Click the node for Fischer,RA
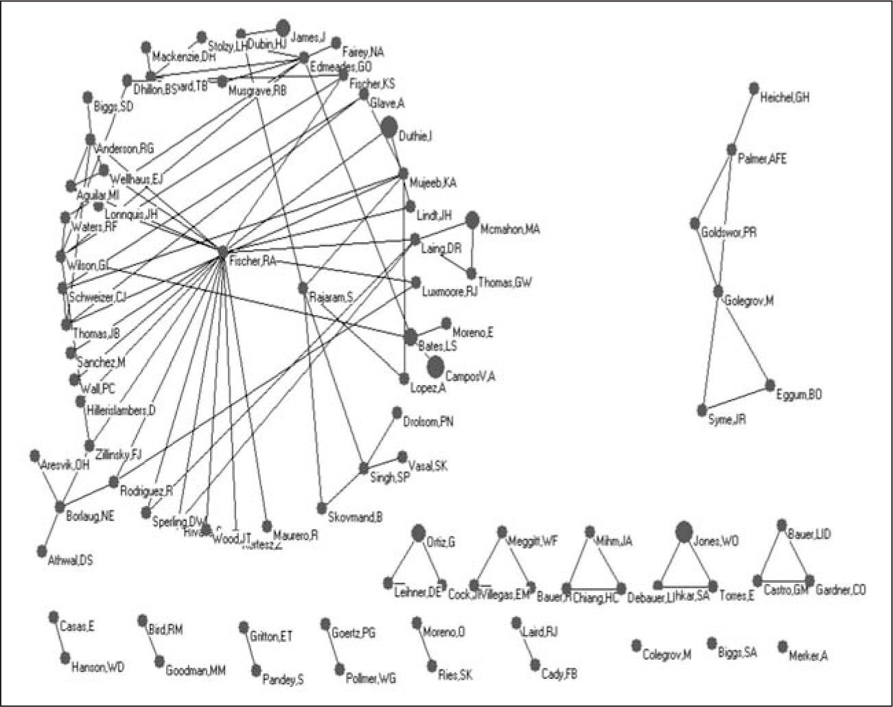point(222,253)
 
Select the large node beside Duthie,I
point(388,127)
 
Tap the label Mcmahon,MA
point(510,229)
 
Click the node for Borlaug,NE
point(60,507)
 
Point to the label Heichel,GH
point(785,98)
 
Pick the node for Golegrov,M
point(719,292)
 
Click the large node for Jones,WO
point(683,532)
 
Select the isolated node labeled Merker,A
point(782,647)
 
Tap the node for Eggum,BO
point(770,385)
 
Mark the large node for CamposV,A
point(435,368)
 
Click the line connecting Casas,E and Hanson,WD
point(60,638)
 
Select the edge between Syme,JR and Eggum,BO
point(736,398)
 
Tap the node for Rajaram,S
point(303,288)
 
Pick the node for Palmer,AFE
point(732,150)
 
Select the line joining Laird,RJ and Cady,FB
point(525,644)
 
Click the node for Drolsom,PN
point(397,412)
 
